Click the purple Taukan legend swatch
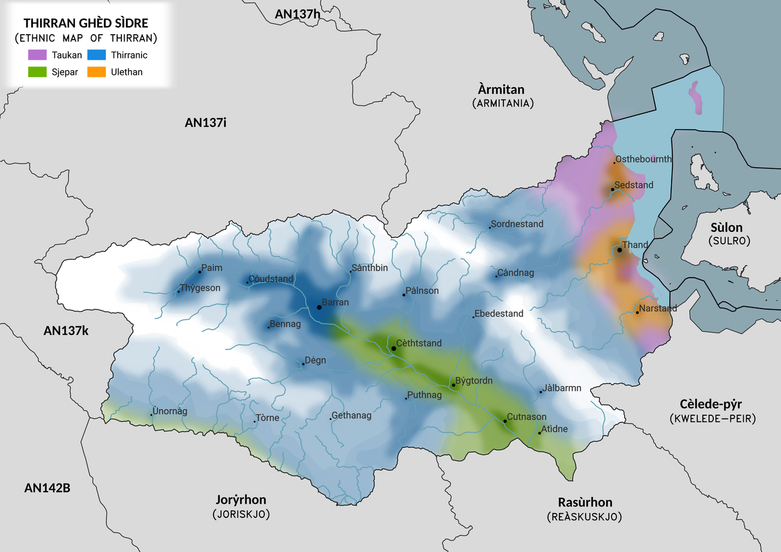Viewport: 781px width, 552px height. (x=37, y=55)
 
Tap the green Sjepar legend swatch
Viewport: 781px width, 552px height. (x=37, y=72)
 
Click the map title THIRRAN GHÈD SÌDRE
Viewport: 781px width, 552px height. (x=85, y=23)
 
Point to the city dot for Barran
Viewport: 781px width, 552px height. (x=319, y=307)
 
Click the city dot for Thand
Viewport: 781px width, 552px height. (x=619, y=250)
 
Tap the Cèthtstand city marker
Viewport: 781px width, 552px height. (x=394, y=348)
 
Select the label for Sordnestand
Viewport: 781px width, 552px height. (x=517, y=224)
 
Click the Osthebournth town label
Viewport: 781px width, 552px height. (x=644, y=159)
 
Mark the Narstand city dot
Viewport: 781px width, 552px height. (x=637, y=313)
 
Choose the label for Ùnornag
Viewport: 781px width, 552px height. (x=171, y=411)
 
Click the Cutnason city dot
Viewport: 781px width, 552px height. (x=505, y=421)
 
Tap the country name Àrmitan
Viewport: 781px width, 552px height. (x=502, y=90)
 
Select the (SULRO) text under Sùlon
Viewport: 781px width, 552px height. (x=729, y=241)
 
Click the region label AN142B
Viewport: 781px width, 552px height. (x=47, y=488)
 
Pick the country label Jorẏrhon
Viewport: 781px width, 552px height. (x=241, y=500)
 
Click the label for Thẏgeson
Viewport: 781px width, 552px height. (x=201, y=288)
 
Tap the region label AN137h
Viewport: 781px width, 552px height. (x=297, y=14)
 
